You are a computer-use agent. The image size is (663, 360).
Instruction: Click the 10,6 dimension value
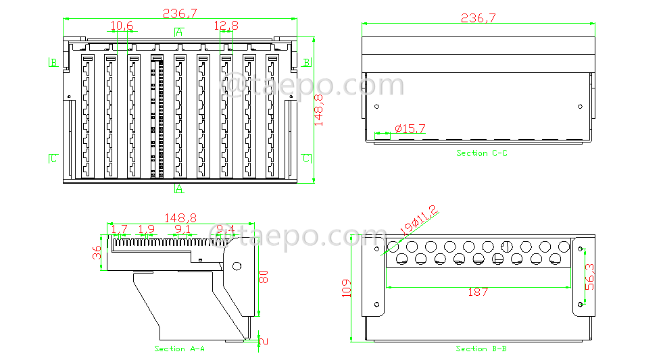[x=122, y=26]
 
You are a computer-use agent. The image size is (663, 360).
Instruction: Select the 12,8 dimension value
[x=226, y=26]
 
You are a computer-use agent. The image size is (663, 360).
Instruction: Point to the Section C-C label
[x=481, y=153]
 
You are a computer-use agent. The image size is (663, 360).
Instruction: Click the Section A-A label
[x=179, y=349]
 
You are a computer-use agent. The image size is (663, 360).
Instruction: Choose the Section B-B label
[x=481, y=349]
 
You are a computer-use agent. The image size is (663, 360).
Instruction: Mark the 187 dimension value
[x=477, y=292]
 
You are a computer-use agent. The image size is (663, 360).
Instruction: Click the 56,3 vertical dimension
[x=589, y=277]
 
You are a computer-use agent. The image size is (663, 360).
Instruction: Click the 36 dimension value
[x=97, y=253]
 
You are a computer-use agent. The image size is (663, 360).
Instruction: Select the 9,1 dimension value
[x=182, y=229]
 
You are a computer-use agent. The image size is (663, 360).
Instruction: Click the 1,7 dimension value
[x=120, y=229]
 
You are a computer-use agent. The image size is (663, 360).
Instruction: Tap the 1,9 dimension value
[x=146, y=229]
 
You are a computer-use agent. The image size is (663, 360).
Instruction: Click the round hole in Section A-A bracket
[x=237, y=266]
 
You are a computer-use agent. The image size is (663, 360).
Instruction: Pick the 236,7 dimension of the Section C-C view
[x=478, y=18]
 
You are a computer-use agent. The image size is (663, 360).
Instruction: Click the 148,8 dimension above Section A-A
[x=180, y=218]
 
